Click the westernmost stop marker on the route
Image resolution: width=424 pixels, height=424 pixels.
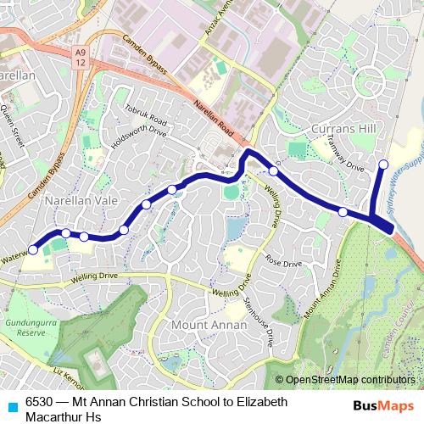tap(33, 249)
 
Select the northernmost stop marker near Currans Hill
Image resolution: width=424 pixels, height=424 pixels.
tap(383, 165)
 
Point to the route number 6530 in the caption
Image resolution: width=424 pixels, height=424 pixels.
tap(39, 402)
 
